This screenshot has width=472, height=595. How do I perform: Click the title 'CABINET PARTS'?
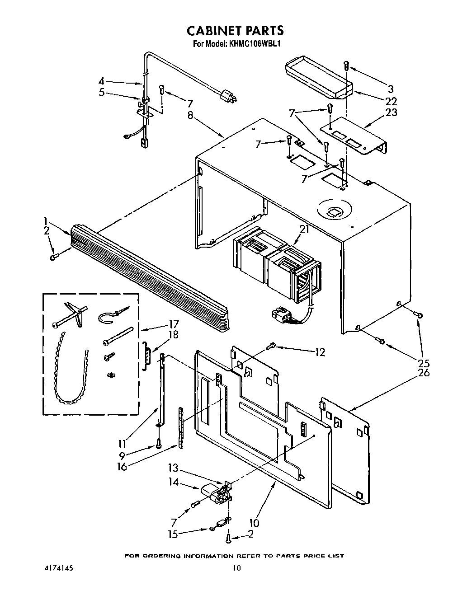coord(236,30)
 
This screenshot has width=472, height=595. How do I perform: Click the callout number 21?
coord(304,229)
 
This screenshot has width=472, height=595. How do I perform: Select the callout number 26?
coord(424,373)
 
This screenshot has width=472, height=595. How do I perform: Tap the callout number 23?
coord(391,112)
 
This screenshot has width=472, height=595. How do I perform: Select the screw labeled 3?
coord(346,65)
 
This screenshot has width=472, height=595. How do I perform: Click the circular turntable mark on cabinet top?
coord(334,211)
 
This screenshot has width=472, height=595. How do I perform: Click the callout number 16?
coord(122,466)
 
